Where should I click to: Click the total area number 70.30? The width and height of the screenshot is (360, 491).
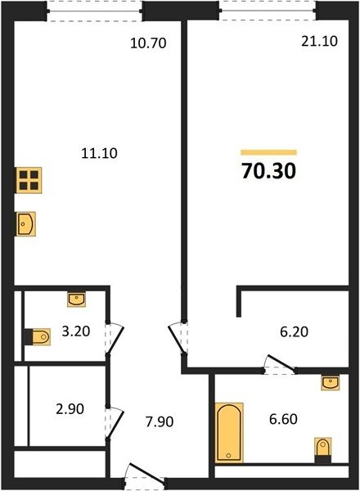pyautogui.click(x=268, y=171)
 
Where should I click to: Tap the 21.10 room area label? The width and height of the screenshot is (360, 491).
pyautogui.click(x=319, y=41)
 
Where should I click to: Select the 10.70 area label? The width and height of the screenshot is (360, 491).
pyautogui.click(x=148, y=43)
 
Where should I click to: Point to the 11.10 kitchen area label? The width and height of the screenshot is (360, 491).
pyautogui.click(x=99, y=153)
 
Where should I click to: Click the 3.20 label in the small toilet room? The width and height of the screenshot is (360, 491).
pyautogui.click(x=76, y=331)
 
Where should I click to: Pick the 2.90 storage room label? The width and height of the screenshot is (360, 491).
pyautogui.click(x=70, y=409)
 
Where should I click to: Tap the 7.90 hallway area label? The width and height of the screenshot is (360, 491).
pyautogui.click(x=160, y=421)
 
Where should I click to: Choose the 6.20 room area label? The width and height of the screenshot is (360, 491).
pyautogui.click(x=294, y=331)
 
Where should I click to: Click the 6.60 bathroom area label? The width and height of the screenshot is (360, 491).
pyautogui.click(x=283, y=419)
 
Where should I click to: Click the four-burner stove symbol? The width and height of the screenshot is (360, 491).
pyautogui.click(x=29, y=180)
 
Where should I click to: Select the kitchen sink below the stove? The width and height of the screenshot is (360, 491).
pyautogui.click(x=25, y=224)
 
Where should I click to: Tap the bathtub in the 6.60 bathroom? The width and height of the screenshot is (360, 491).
pyautogui.click(x=229, y=433)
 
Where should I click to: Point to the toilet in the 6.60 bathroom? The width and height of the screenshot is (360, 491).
pyautogui.click(x=322, y=450)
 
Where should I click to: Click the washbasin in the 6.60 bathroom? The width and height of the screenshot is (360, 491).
pyautogui.click(x=331, y=382)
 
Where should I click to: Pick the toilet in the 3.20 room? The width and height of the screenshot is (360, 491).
pyautogui.click(x=38, y=336)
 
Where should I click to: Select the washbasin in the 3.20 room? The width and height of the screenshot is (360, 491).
pyautogui.click(x=76, y=299)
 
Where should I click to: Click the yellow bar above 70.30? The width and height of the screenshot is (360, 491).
pyautogui.click(x=268, y=152)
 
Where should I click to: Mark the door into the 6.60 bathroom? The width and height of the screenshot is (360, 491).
pyautogui.click(x=280, y=364)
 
